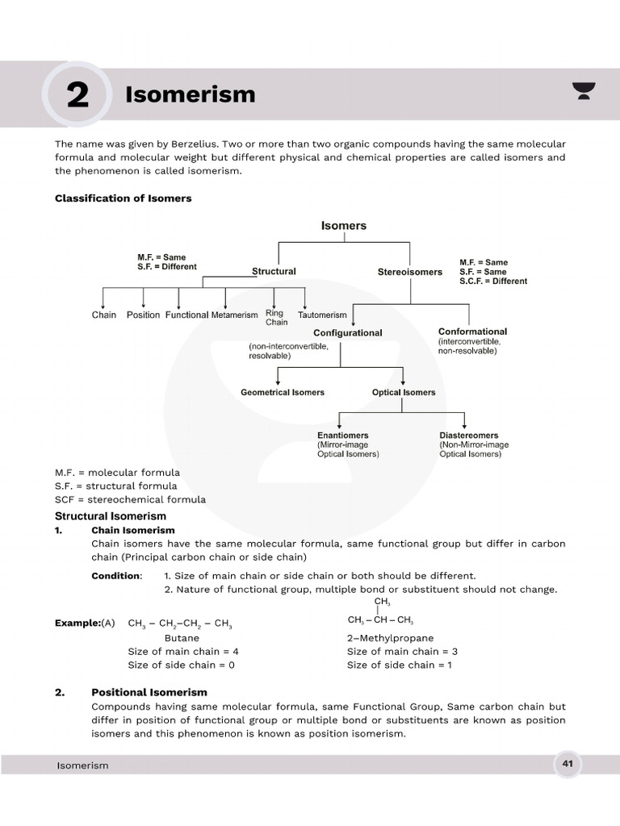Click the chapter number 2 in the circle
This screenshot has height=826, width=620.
coord(77,95)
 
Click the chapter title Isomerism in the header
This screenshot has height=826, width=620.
coord(190,94)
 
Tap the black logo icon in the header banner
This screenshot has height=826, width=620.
coord(583,90)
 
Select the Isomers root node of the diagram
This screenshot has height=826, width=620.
coord(344,226)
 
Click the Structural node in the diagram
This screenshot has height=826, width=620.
coord(274,272)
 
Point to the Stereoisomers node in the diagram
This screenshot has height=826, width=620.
coord(409,272)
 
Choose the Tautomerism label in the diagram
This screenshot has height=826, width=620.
coord(322,315)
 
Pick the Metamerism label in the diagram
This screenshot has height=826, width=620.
coord(234,315)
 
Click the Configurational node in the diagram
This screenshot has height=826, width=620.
coord(347,332)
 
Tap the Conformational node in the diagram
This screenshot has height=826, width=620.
coord(472,332)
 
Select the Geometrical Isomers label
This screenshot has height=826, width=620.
coord(283,393)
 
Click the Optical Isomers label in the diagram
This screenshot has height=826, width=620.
coord(404,393)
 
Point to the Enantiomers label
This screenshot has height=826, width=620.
coord(342,436)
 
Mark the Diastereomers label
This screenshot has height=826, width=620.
coord(468,436)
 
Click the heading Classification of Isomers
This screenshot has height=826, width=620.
coord(123,198)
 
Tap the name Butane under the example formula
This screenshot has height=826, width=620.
coord(182,638)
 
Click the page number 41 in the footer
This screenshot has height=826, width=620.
coord(568,763)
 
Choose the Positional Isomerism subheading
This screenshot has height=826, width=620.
coord(149,692)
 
